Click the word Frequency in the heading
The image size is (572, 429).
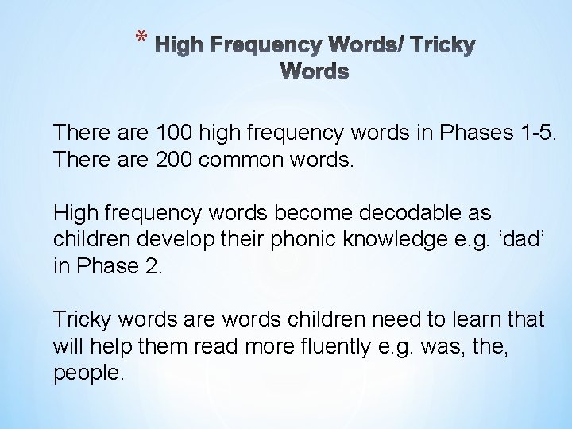[x=280, y=46]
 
